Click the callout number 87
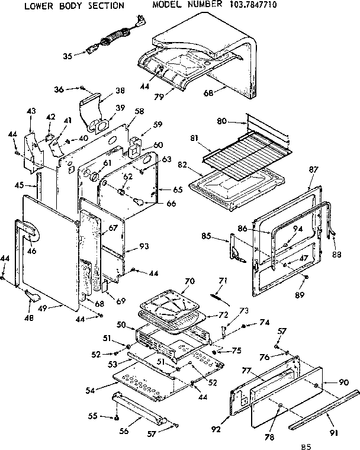(314, 170)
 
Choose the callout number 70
(189, 282)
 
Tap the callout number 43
(31, 111)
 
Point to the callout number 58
(139, 111)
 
